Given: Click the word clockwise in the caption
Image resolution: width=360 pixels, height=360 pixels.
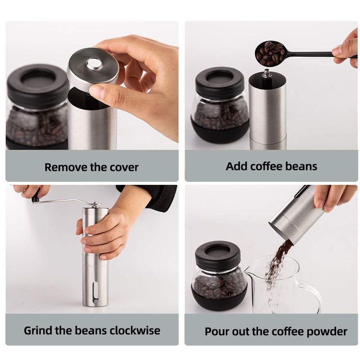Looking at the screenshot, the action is pyautogui.click(x=135, y=330).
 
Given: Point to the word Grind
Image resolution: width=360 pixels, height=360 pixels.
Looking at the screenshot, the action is pyautogui.click(x=38, y=330).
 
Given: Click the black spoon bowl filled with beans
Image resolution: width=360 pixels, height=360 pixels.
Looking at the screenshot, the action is pyautogui.click(x=270, y=54).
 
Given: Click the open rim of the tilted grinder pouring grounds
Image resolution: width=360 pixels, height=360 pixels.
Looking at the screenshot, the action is pyautogui.click(x=280, y=231).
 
